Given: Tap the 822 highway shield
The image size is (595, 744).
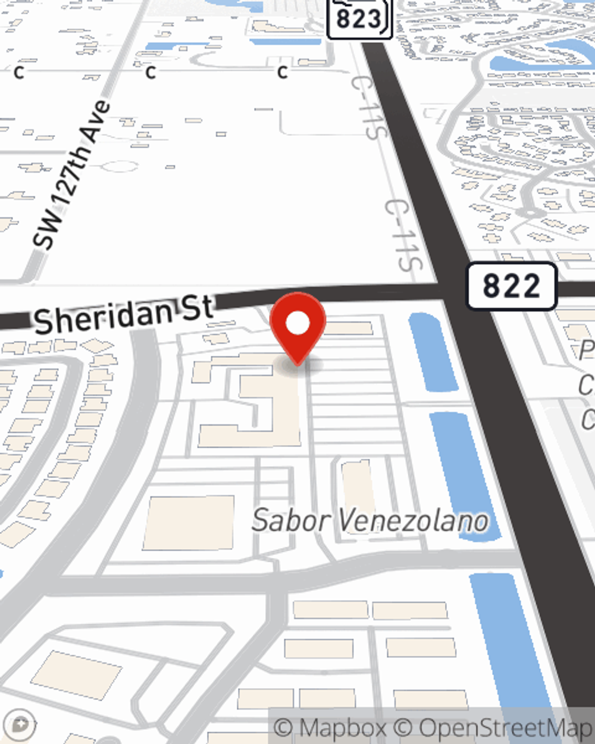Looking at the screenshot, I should click(511, 286).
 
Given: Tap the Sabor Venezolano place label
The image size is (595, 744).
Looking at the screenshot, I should click(369, 521).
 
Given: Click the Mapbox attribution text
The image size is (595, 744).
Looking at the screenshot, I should click(330, 728).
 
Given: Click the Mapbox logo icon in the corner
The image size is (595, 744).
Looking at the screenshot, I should click(21, 726).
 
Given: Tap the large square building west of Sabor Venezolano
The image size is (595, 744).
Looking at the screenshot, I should click(189, 523).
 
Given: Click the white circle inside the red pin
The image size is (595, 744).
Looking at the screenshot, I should click(297, 324).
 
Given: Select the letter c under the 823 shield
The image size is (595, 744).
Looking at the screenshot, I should click(283, 72).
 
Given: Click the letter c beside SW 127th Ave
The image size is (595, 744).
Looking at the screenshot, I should click(151, 72).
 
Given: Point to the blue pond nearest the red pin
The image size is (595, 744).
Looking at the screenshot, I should click(433, 351).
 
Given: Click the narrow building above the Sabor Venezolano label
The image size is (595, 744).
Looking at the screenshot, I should click(358, 485).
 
